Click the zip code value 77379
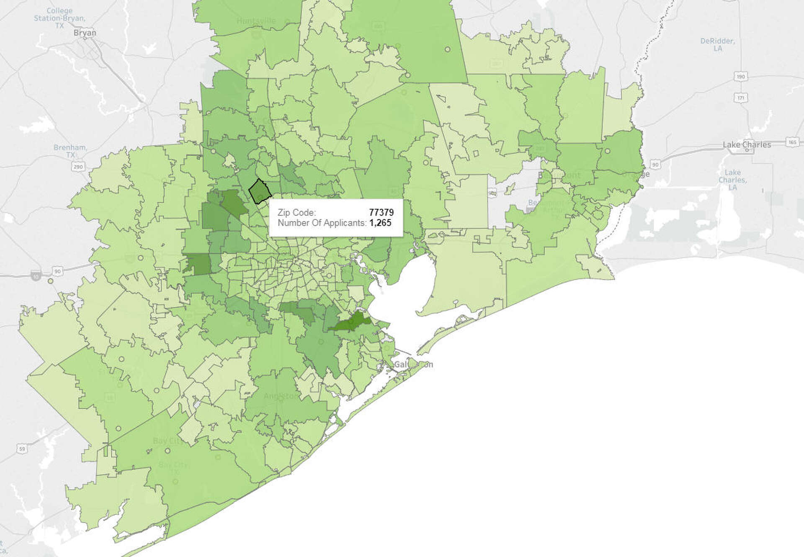click(x=381, y=212)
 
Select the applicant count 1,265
click(x=380, y=223)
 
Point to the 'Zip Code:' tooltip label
click(x=296, y=212)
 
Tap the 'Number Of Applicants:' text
click(x=322, y=223)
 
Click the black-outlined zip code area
click(x=260, y=191)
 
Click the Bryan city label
click(x=85, y=33)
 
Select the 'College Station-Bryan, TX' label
click(x=59, y=18)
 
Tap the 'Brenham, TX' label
click(x=70, y=151)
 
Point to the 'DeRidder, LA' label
click(x=717, y=44)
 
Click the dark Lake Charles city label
click(x=747, y=144)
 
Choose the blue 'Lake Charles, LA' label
click(x=732, y=180)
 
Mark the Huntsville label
click(x=256, y=21)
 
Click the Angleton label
click(x=281, y=396)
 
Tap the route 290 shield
click(x=78, y=167)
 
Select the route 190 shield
click(x=741, y=77)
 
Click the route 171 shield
click(x=741, y=98)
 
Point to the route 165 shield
click(x=792, y=142)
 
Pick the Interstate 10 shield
click(x=36, y=276)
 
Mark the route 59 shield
click(x=22, y=449)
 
